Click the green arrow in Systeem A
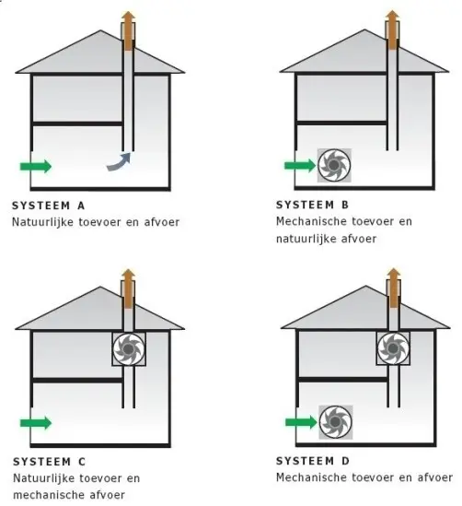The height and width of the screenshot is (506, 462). [x=36, y=166]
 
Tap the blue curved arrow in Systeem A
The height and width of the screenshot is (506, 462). [x=120, y=162]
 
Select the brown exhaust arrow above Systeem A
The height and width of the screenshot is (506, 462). [x=128, y=31]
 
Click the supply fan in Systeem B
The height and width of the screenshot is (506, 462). [x=334, y=165]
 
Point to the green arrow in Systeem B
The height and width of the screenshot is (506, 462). [x=300, y=166]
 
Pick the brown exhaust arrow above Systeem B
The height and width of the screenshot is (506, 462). [x=392, y=30]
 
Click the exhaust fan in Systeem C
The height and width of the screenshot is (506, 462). [x=129, y=348]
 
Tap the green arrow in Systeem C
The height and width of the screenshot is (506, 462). [x=36, y=423]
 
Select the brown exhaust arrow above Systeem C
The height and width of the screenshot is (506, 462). [x=128, y=288]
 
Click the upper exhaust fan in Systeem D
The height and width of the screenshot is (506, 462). [x=393, y=348]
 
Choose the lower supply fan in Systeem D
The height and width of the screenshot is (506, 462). [x=336, y=422]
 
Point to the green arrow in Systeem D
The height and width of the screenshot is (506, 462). [x=301, y=422]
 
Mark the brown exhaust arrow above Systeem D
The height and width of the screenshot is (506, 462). [x=393, y=288]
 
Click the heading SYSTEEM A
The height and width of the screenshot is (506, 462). [x=49, y=206]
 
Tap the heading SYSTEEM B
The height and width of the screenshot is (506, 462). [x=313, y=205]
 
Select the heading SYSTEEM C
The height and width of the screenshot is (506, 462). [x=50, y=462]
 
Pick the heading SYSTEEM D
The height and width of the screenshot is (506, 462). [x=313, y=461]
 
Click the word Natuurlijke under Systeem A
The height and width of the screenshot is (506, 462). [x=42, y=222]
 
